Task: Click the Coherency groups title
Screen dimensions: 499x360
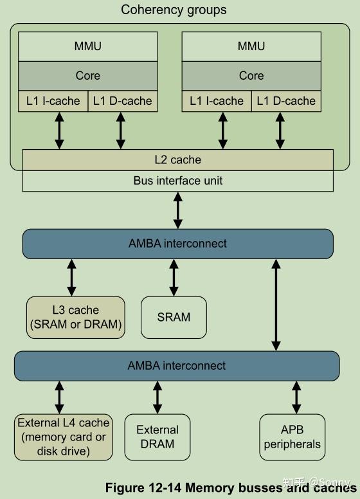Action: tap(174, 10)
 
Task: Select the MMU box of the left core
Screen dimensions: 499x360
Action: tap(87, 46)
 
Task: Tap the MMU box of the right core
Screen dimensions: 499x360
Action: tap(251, 46)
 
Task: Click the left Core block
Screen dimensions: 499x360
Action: tap(87, 75)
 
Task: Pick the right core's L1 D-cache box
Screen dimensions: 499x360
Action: tap(286, 101)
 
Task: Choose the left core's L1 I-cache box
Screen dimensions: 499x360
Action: tap(53, 101)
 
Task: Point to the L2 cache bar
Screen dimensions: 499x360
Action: tap(178, 159)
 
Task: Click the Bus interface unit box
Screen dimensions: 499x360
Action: tap(178, 181)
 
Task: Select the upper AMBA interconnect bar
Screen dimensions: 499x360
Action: tap(178, 244)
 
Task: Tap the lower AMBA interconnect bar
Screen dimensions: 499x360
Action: tap(177, 365)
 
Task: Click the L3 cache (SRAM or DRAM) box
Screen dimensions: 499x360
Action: tap(75, 317)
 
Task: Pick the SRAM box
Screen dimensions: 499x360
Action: tap(174, 317)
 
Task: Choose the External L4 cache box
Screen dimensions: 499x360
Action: tap(63, 437)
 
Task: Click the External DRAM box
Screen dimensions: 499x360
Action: tap(157, 437)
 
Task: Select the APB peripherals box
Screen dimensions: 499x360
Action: tap(292, 437)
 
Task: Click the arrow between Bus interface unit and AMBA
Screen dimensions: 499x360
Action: tap(178, 210)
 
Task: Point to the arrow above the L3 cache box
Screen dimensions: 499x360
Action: tap(71, 277)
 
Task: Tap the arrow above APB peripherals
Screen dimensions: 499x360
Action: tap(296, 397)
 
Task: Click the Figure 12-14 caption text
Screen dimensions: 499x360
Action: tap(228, 487)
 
